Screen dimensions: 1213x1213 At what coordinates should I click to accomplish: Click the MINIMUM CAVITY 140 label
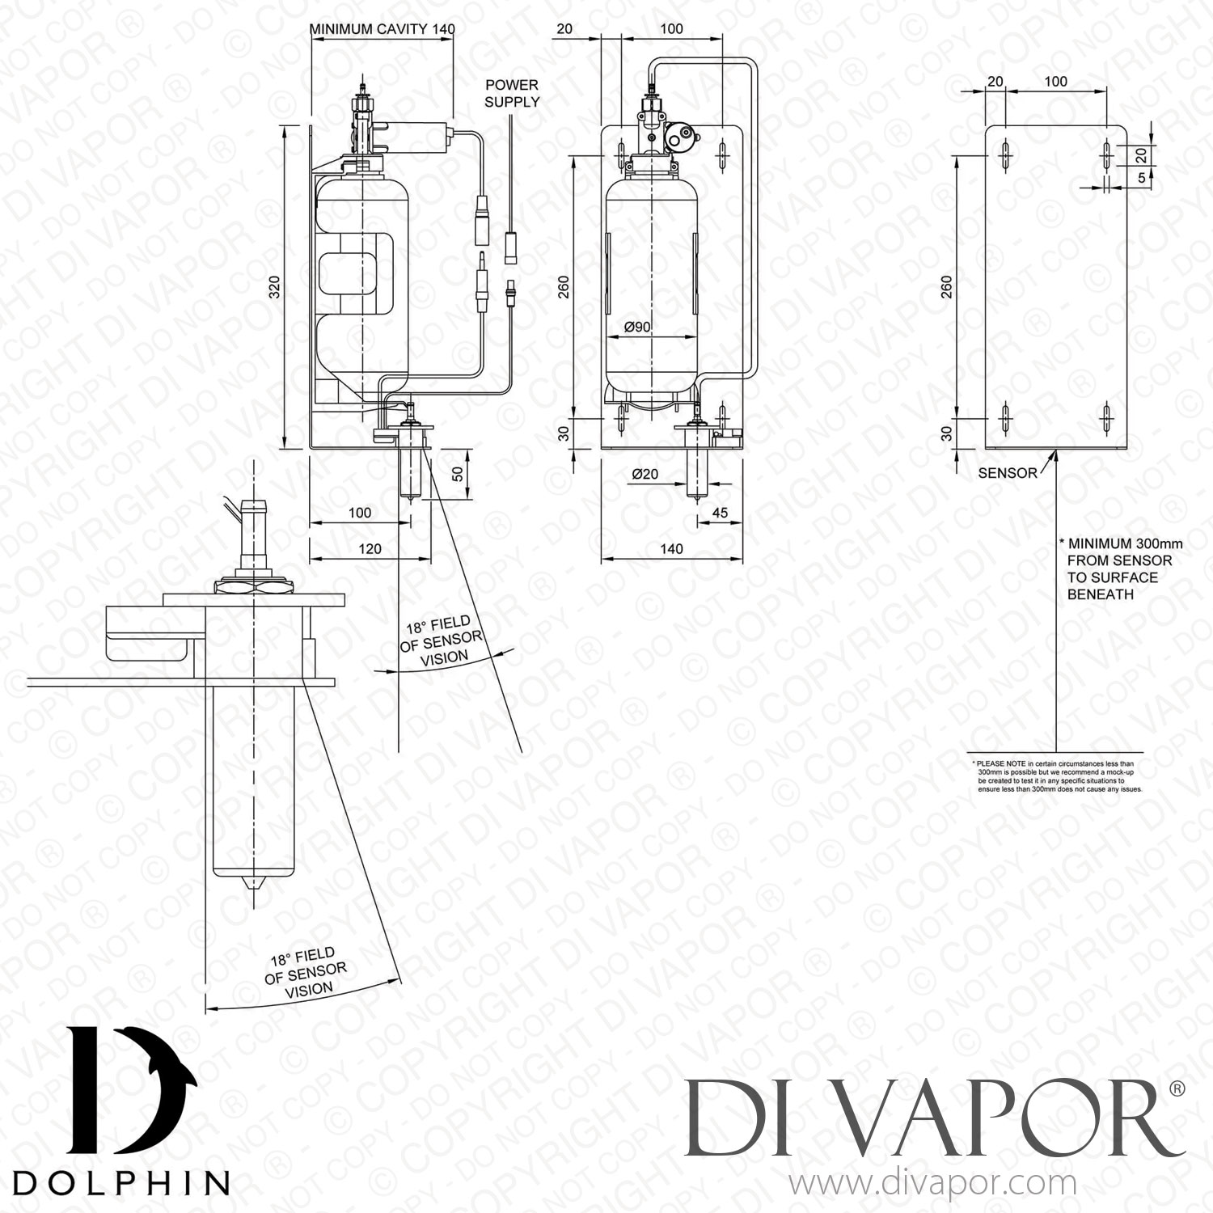point(382,29)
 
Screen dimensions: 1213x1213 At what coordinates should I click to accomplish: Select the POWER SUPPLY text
point(511,93)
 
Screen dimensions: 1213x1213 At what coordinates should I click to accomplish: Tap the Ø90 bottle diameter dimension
point(638,327)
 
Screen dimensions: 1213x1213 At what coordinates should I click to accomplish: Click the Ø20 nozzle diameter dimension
point(645,475)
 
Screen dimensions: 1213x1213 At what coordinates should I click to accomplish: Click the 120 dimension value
point(370,548)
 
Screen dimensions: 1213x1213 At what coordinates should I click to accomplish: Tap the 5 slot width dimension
point(1141,179)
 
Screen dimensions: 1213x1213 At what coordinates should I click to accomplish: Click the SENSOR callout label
point(1007,473)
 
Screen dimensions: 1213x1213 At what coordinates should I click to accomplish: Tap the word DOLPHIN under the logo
point(121,1181)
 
